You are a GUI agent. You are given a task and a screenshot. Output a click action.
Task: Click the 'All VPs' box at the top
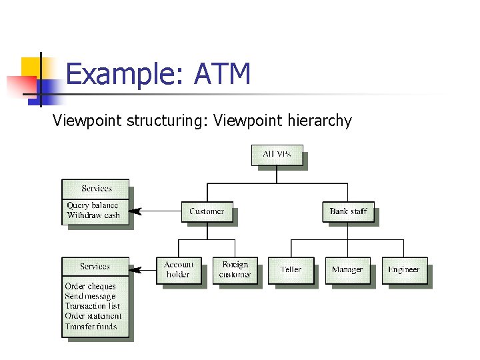coord(277,155)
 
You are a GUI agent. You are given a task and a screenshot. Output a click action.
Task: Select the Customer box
coord(207,211)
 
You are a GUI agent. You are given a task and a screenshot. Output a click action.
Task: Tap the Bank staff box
coord(348,211)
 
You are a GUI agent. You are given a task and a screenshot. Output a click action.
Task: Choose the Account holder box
coord(178,270)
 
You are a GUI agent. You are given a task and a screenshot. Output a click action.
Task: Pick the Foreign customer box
coord(235,270)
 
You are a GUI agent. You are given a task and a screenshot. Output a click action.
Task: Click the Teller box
coord(291,270)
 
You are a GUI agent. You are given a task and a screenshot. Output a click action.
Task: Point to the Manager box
coord(347,270)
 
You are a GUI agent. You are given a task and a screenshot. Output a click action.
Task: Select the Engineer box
coord(404,270)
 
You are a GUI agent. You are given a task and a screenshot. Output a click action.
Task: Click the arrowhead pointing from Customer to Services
coord(135,211)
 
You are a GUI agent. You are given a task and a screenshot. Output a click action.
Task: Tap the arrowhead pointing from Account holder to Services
coord(135,270)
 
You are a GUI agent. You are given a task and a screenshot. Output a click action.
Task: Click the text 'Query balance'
coord(92,206)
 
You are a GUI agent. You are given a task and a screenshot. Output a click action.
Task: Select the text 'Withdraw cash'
coord(93,216)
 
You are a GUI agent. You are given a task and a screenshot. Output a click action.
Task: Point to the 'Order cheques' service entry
coord(90,287)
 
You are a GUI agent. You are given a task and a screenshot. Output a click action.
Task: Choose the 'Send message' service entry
coord(90,297)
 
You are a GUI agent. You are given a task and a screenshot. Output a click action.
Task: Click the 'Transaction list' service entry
coord(92,307)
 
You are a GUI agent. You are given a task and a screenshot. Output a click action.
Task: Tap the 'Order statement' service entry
coord(93,317)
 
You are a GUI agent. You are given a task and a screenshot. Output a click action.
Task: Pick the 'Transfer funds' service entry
coord(91,327)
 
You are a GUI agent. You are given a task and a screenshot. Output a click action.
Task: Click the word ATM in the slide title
coord(222,74)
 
